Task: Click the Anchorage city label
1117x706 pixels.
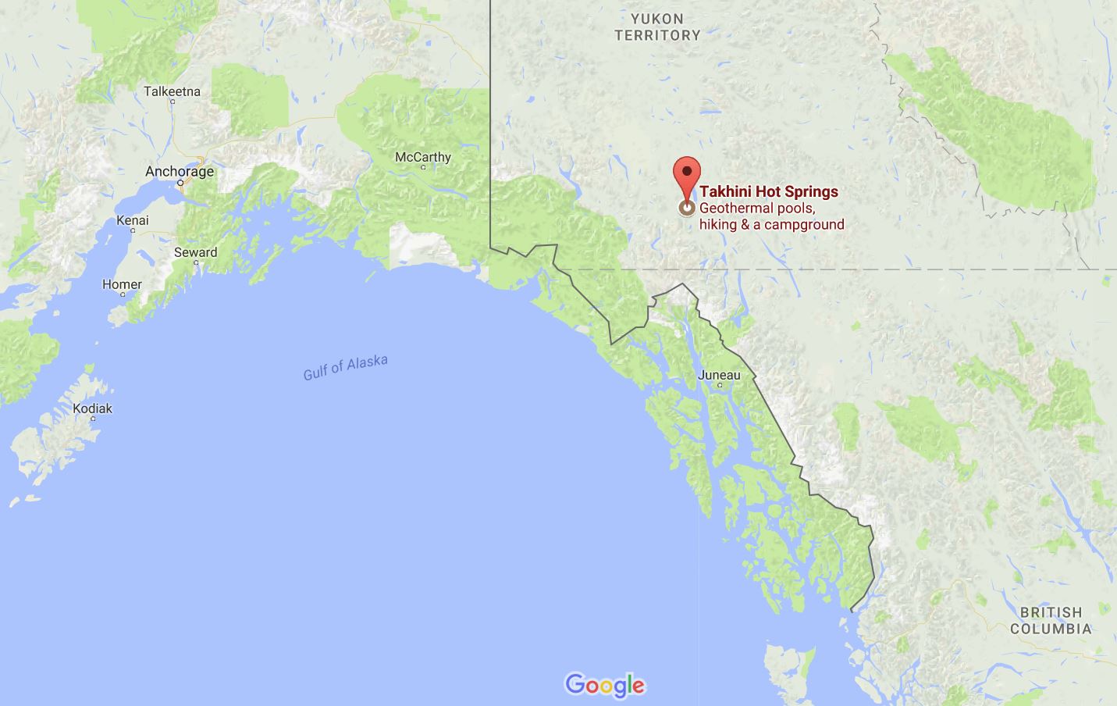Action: click(180, 171)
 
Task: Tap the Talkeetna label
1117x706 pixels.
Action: click(172, 91)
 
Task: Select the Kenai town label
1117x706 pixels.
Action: click(132, 220)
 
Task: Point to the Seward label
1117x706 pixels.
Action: click(195, 252)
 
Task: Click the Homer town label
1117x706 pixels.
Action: click(122, 284)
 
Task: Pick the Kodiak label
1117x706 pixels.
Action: click(92, 408)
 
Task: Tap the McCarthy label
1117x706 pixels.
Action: click(422, 157)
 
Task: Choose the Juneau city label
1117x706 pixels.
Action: click(719, 375)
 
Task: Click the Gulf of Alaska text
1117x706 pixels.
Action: click(345, 367)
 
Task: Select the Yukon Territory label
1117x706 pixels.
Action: click(657, 27)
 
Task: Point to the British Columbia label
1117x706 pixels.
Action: click(1051, 620)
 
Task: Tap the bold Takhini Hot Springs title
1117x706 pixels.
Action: click(769, 191)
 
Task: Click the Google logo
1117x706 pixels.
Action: click(605, 685)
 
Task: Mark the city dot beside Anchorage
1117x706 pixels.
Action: click(180, 183)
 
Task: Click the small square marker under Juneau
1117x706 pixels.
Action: click(719, 386)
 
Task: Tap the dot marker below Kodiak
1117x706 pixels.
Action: click(93, 419)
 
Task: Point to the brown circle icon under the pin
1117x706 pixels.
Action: click(687, 208)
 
